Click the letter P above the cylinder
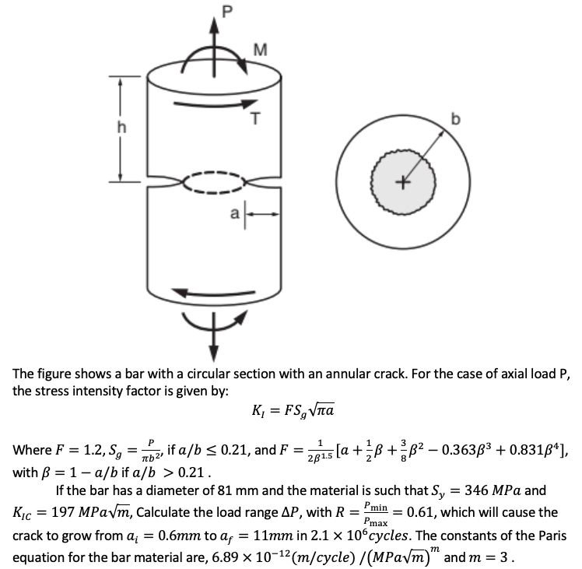205,10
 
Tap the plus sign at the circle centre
402,184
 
